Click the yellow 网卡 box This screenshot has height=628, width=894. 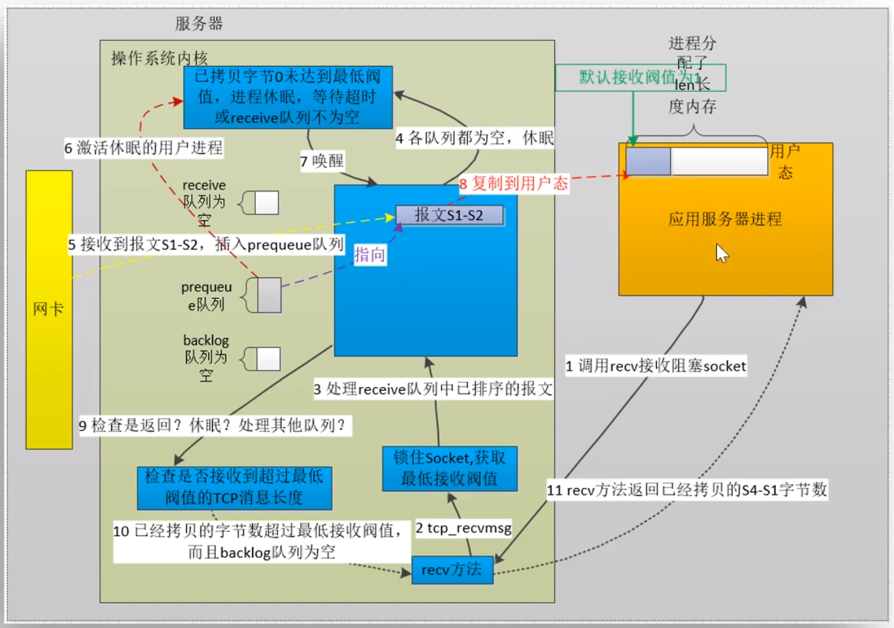tap(49, 309)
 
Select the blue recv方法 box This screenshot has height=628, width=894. tap(452, 570)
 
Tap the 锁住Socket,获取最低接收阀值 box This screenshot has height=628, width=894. tap(449, 468)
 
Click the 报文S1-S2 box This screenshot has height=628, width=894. tap(449, 215)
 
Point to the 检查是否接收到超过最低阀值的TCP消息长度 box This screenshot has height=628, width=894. tap(234, 487)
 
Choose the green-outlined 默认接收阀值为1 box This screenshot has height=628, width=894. tap(640, 78)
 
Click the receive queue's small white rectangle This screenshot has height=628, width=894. tap(266, 203)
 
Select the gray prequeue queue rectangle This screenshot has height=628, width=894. tap(269, 295)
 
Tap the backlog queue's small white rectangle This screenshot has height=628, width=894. tap(268, 359)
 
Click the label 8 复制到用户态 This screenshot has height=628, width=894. tap(513, 184)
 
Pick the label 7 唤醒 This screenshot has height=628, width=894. tap(322, 161)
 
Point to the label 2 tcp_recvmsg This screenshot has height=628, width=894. tap(463, 528)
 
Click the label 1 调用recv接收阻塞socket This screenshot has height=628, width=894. tap(656, 366)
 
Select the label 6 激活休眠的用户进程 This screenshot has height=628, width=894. tap(144, 148)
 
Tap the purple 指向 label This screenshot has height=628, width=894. tap(370, 255)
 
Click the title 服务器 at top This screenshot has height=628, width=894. tap(198, 24)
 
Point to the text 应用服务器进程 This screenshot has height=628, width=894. tap(725, 219)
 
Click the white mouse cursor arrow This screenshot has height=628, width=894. tap(721, 253)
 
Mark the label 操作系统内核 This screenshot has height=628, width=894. tap(159, 59)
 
